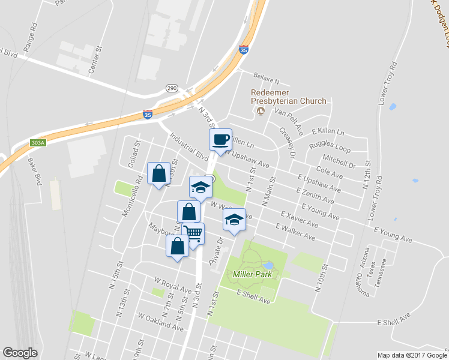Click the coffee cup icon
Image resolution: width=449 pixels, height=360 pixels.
[220, 139]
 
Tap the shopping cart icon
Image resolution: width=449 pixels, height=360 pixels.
[193, 233]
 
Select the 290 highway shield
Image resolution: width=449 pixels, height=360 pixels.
[171, 88]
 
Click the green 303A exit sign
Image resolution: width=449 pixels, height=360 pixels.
[38, 143]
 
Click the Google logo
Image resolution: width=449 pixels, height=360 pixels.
[20, 353]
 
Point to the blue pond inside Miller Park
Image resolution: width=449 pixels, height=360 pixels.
[268, 265]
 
